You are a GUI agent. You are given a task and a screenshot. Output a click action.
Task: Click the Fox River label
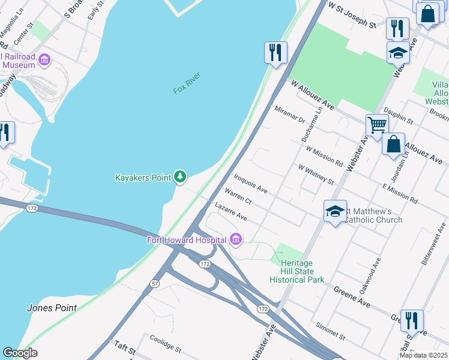(x=186, y=83)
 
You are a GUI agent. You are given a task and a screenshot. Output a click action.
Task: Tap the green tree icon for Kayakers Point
(x=179, y=176)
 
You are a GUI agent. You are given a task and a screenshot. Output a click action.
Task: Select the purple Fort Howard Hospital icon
(x=236, y=240)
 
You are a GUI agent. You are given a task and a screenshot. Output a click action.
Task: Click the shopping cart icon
(x=376, y=125)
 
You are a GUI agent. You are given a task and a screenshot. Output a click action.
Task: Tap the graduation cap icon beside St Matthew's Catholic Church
(x=336, y=211)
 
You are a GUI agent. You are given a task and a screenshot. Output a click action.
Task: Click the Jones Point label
(x=52, y=308)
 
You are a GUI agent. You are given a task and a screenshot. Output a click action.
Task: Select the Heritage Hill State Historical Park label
(x=297, y=271)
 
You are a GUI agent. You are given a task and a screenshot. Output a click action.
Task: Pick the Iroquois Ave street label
(x=250, y=183)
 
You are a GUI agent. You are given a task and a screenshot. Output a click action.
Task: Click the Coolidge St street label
(x=165, y=343)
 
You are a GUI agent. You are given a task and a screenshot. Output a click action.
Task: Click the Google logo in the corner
(x=20, y=353)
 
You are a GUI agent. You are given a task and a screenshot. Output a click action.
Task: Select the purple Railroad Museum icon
(x=44, y=59)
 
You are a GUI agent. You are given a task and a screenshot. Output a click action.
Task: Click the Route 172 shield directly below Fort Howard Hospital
(x=205, y=264)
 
